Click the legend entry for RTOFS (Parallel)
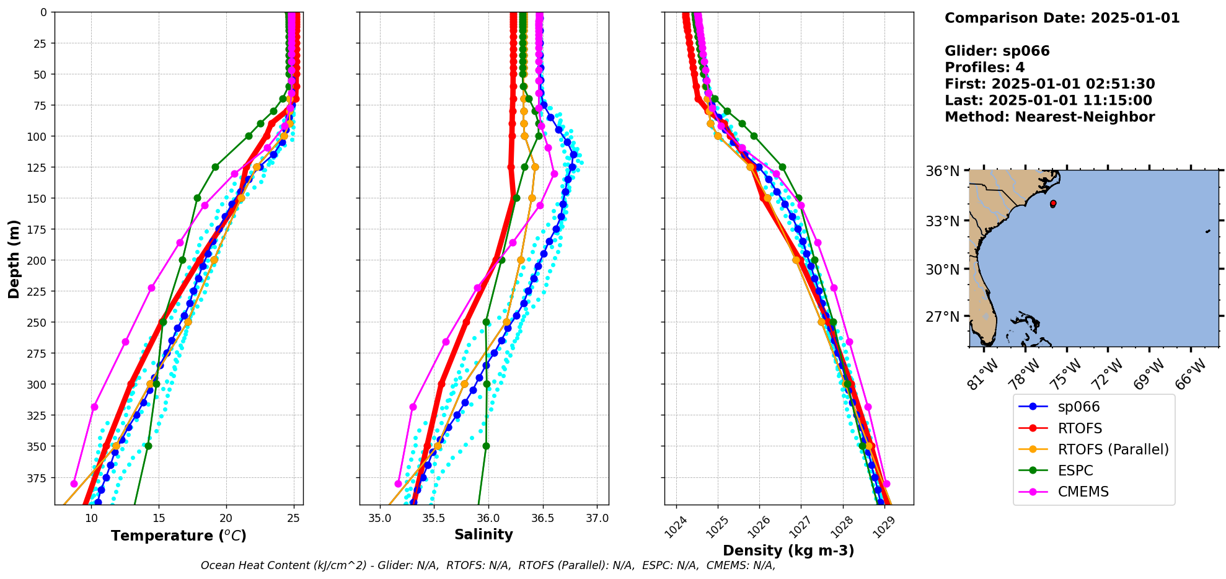point(1113,449)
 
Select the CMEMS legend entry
point(1083,492)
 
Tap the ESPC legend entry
point(1075,471)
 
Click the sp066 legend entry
point(1078,407)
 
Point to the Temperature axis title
point(179,536)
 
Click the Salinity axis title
point(483,534)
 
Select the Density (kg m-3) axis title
point(788,550)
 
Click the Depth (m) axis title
point(14,259)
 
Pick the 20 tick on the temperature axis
point(226,518)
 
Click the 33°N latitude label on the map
point(942,221)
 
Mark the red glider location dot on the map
point(1053,203)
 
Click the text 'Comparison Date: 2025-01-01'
point(1062,18)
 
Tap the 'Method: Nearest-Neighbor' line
point(1049,117)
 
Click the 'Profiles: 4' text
point(984,68)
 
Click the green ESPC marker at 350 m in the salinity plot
point(486,446)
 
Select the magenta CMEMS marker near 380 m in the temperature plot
point(74,484)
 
